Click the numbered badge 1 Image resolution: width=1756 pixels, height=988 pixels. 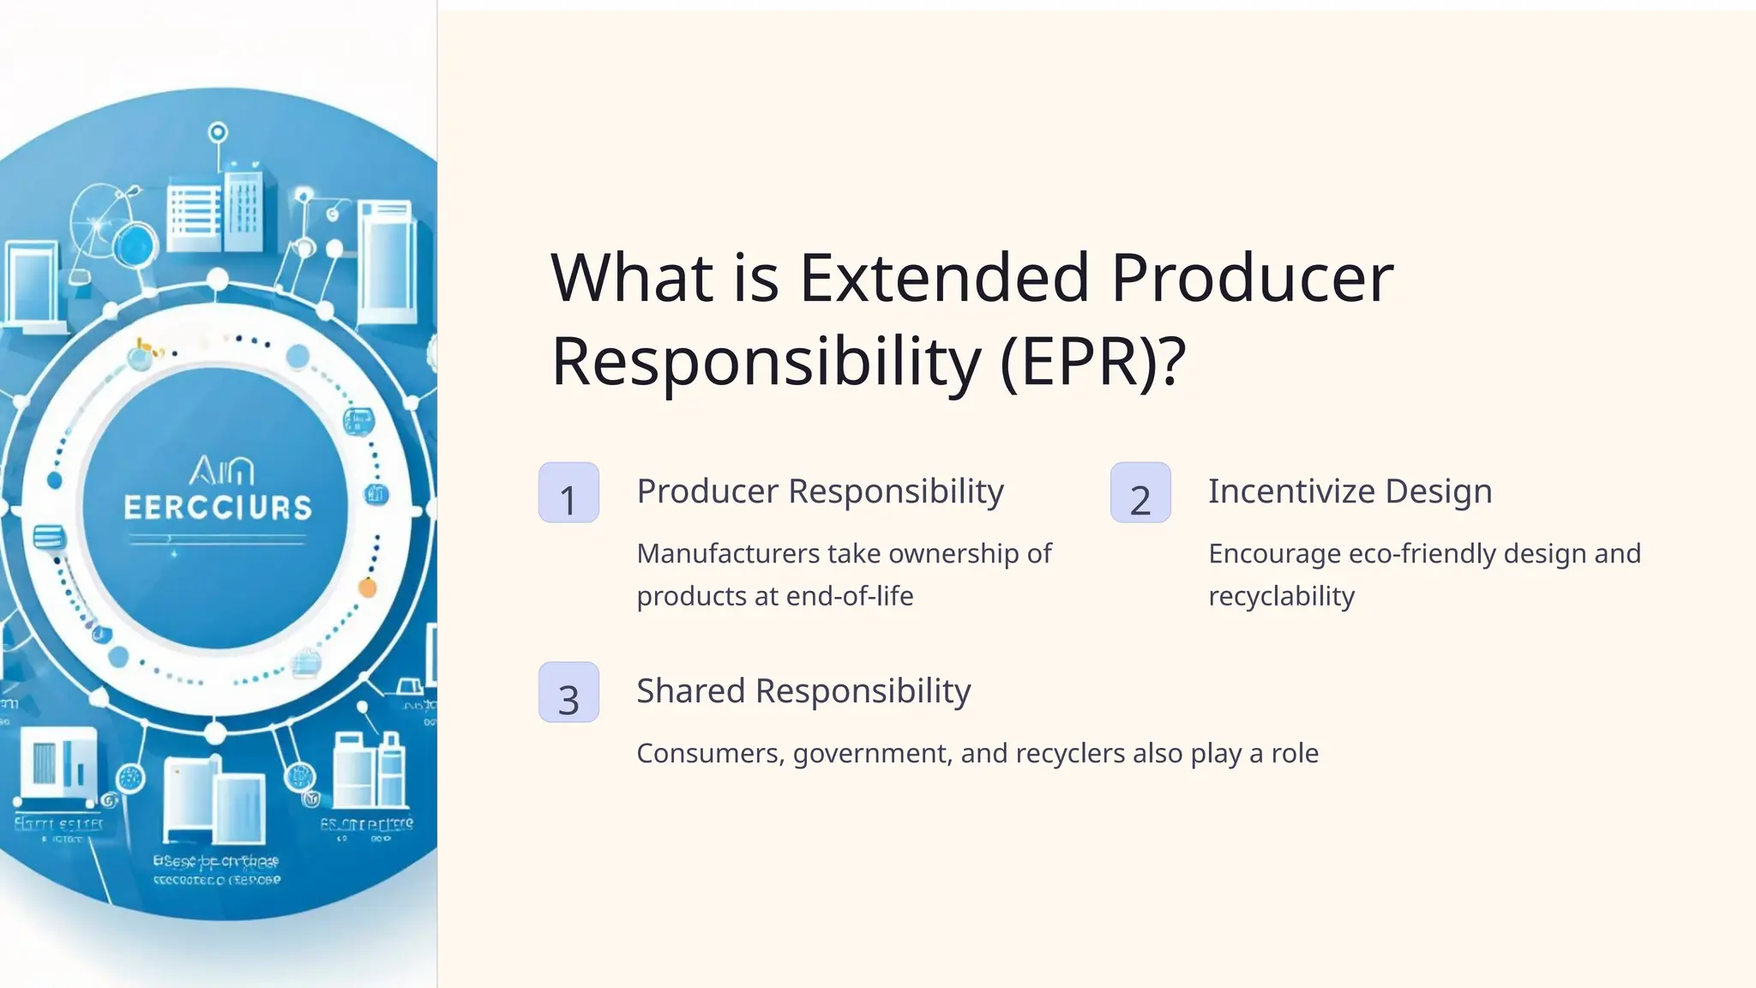[x=568, y=492]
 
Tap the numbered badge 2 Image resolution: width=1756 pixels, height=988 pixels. [x=1140, y=492]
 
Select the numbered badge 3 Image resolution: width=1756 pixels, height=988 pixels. [x=568, y=692]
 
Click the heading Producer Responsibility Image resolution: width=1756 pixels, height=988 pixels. [x=820, y=491]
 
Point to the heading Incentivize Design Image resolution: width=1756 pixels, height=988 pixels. [x=1350, y=491]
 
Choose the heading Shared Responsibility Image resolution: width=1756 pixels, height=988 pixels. [x=803, y=691]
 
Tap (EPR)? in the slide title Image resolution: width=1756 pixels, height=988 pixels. [x=1092, y=362]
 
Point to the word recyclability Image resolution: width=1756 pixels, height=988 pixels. [x=1281, y=596]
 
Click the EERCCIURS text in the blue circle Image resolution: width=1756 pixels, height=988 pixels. [x=218, y=508]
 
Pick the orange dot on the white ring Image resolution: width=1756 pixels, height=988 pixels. [x=367, y=588]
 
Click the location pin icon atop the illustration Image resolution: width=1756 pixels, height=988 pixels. [x=218, y=134]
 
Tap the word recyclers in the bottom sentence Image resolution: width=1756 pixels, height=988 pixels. [x=1069, y=754]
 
